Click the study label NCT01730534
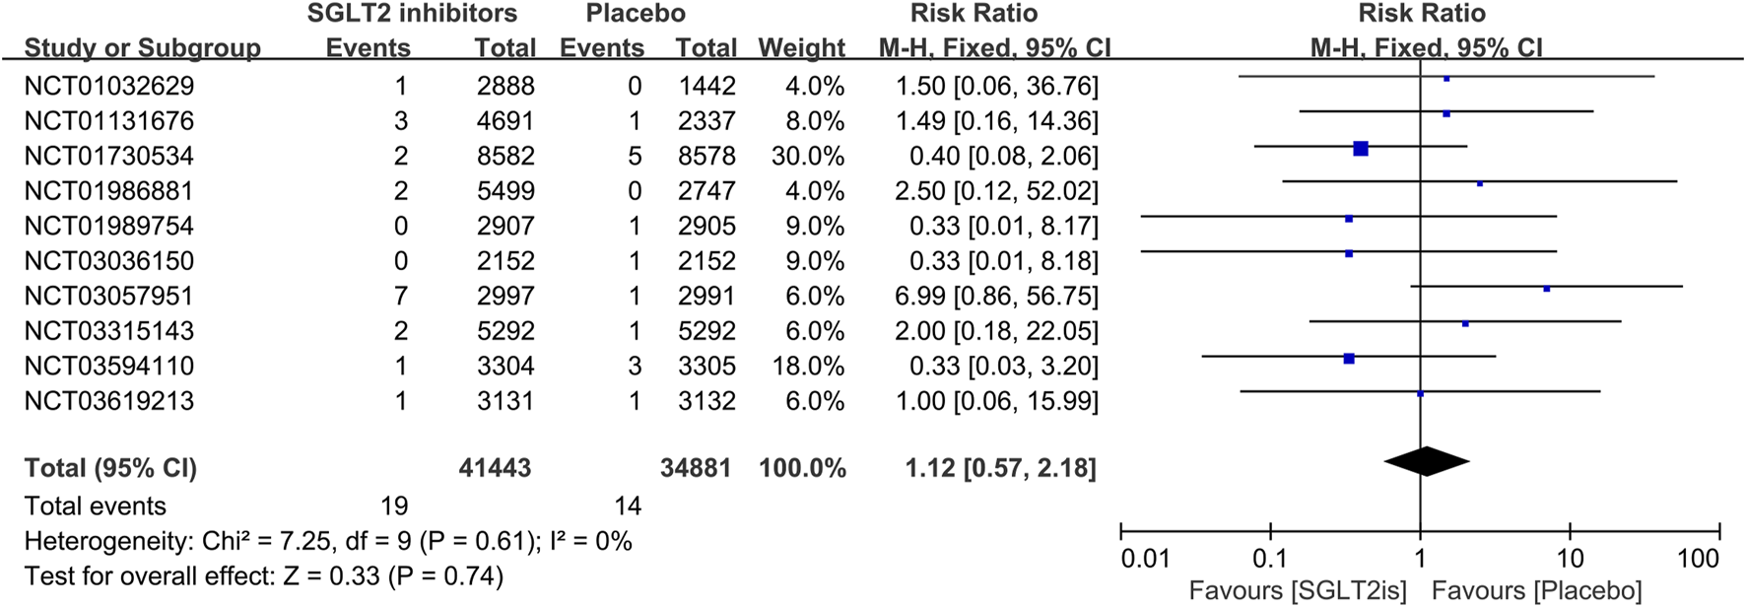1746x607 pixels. [x=108, y=156]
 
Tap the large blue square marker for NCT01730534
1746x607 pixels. [x=1361, y=149]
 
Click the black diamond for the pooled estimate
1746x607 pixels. [x=1426, y=461]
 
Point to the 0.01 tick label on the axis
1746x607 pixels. [x=1145, y=559]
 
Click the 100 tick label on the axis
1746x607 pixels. [x=1698, y=559]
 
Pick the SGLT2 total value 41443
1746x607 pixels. [x=495, y=468]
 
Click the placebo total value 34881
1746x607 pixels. [x=696, y=468]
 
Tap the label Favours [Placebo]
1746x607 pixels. [x=1536, y=591]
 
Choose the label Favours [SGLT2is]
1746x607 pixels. [x=1298, y=591]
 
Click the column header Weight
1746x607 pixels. [x=801, y=47]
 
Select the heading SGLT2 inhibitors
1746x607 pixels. [x=412, y=14]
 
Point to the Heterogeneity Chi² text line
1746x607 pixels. [x=328, y=541]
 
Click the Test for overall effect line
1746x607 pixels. [x=263, y=575]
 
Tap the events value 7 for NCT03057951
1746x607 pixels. [x=400, y=296]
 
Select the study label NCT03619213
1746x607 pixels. [x=108, y=401]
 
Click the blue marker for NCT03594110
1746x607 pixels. [x=1349, y=359]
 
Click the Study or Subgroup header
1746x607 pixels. [x=142, y=47]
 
